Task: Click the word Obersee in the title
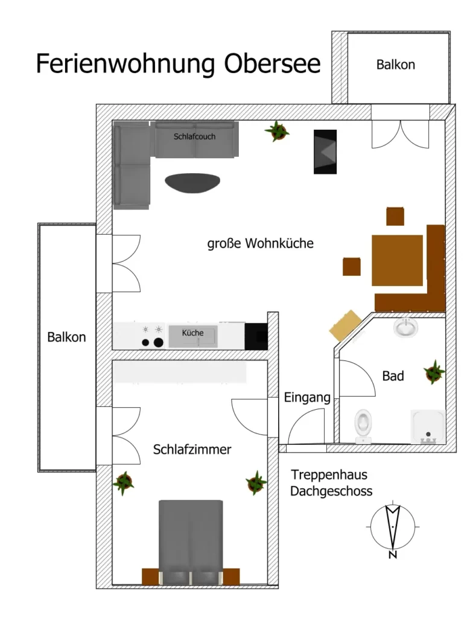(x=272, y=64)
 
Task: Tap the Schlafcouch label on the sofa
(x=194, y=137)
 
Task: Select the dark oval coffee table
(x=192, y=183)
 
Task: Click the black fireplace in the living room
(x=325, y=151)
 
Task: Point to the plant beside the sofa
(x=277, y=131)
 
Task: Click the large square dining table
(x=398, y=260)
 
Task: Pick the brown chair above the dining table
(x=395, y=217)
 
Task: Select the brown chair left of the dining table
(x=352, y=267)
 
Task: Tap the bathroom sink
(x=405, y=328)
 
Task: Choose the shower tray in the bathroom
(x=428, y=427)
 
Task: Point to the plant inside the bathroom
(x=434, y=372)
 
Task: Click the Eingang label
(x=307, y=398)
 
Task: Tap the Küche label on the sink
(x=192, y=333)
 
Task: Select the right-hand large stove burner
(x=159, y=343)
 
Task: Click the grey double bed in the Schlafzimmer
(x=191, y=543)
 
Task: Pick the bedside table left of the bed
(x=150, y=576)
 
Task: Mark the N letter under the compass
(x=393, y=555)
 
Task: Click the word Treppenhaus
(x=329, y=475)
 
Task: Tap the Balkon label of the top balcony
(x=396, y=65)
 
